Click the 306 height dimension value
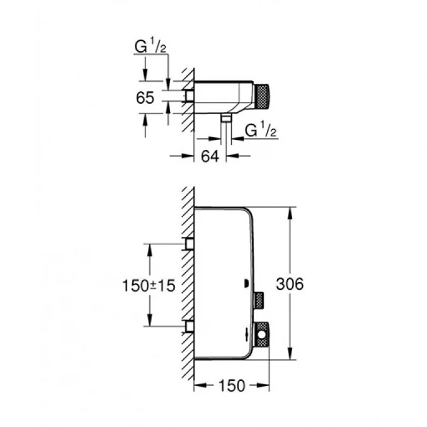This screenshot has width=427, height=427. (290, 285)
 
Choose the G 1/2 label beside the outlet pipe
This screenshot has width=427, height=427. (259, 131)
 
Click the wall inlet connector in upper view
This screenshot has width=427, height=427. (188, 96)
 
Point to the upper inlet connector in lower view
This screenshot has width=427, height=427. (188, 244)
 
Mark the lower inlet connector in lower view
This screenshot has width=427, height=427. (188, 326)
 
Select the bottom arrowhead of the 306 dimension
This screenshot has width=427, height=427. (290, 357)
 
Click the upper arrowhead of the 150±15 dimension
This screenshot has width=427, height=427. (150, 248)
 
